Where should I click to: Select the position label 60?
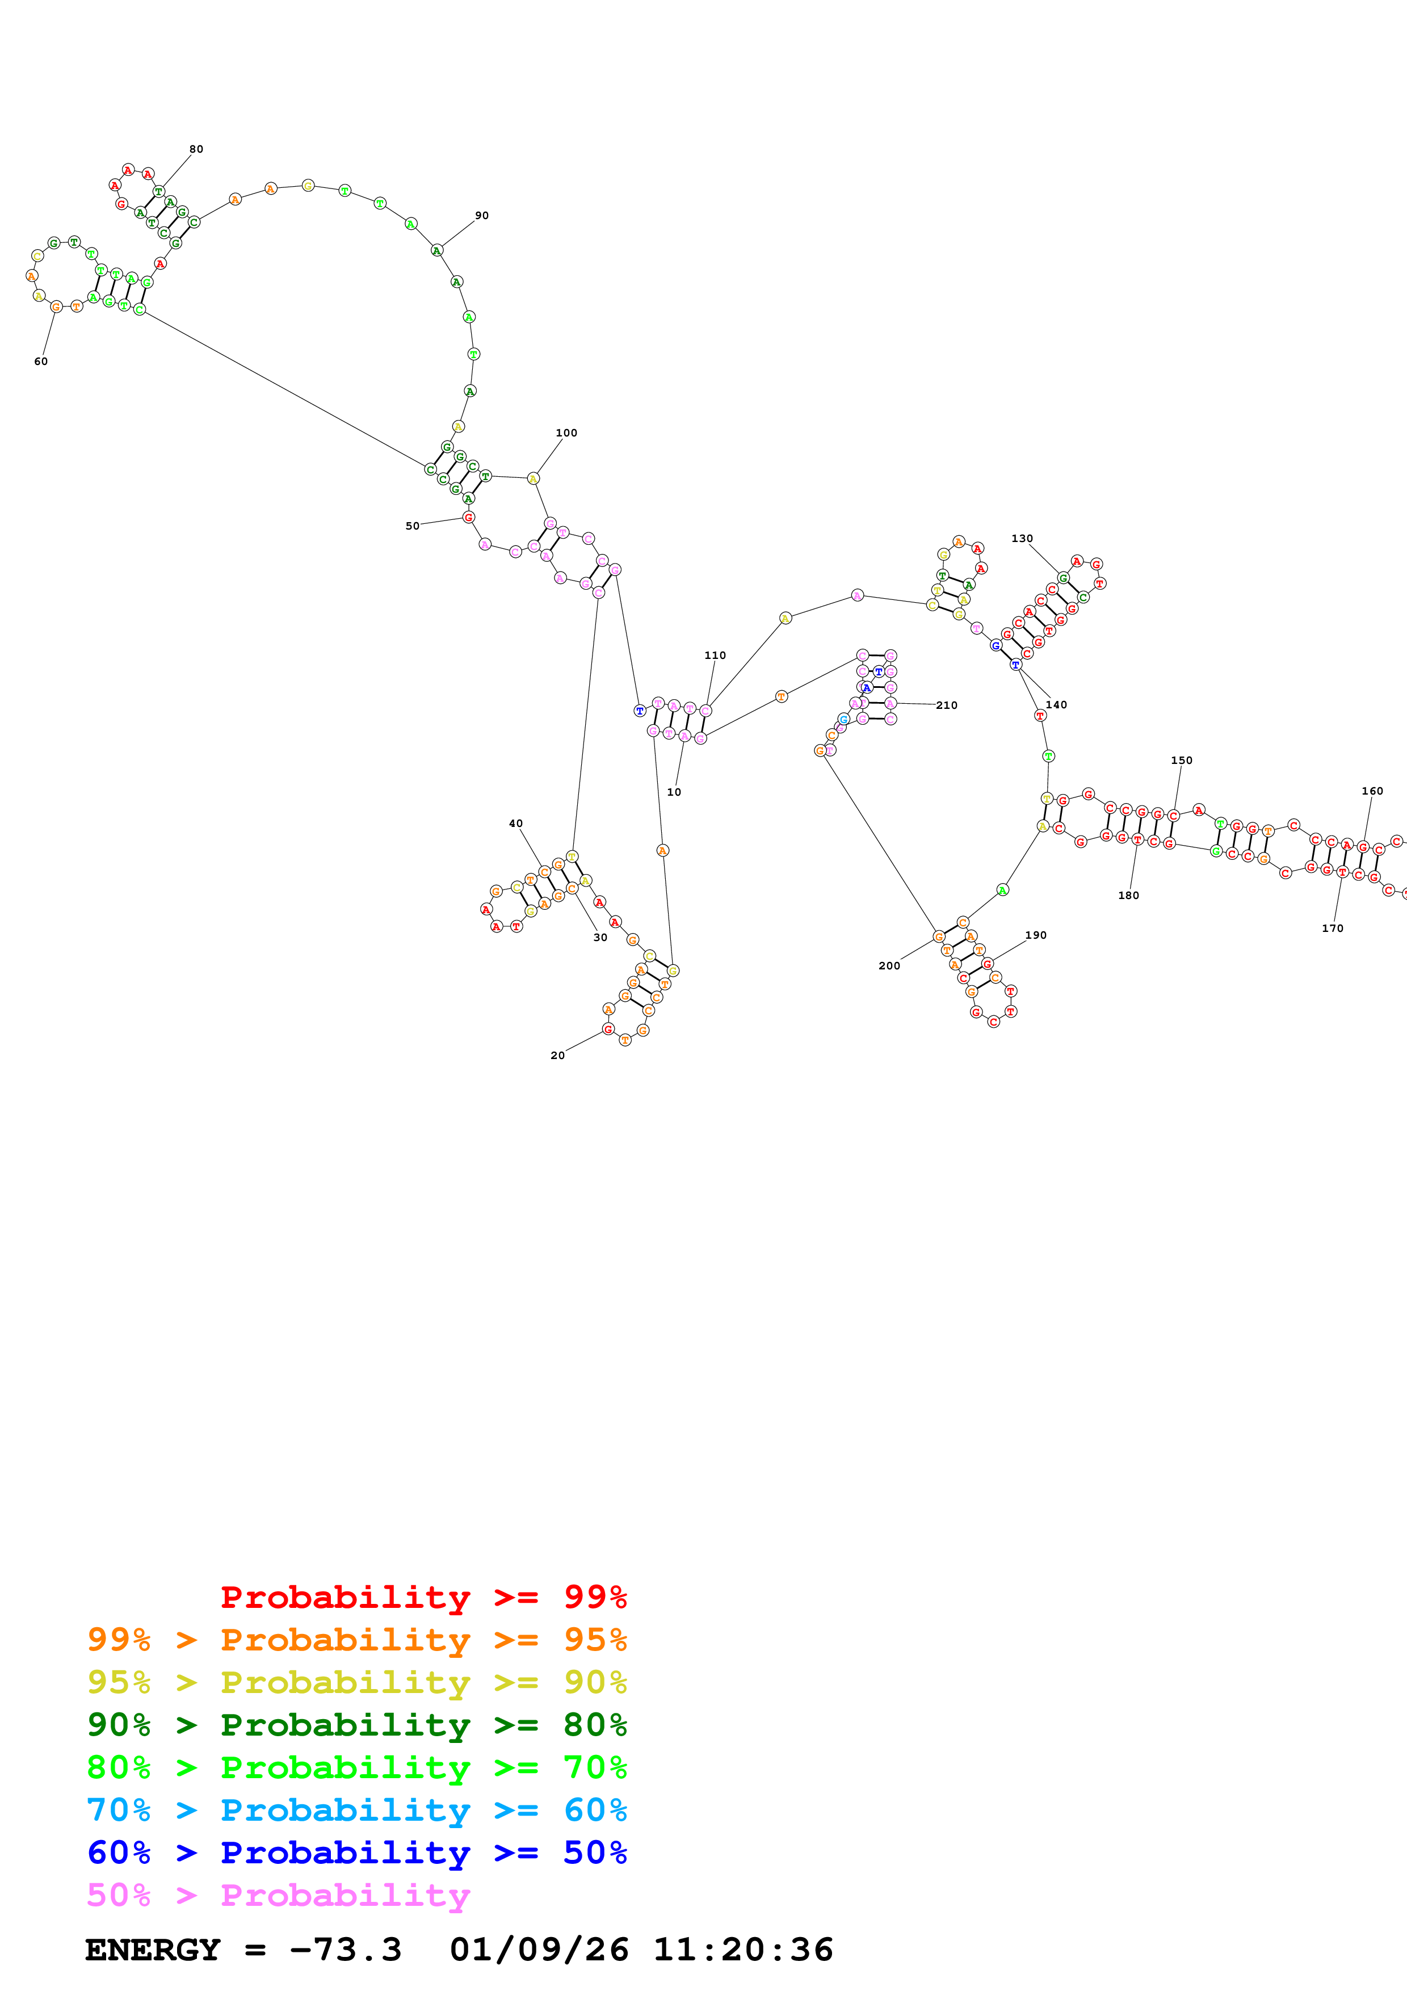pos(41,362)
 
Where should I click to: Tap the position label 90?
pos(482,216)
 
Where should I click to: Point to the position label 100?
pos(566,432)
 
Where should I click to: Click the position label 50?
pos(413,526)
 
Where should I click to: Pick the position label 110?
pos(715,656)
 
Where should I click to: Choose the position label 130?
pos(1022,539)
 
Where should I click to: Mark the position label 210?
pos(947,705)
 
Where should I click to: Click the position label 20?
pos(557,1055)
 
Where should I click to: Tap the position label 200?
pos(889,966)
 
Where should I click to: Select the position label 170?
pos(1333,929)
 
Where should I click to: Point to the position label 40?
pos(516,824)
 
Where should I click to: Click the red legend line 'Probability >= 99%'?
pos(423,1597)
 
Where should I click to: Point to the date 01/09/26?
pos(539,1950)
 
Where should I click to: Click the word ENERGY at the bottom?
pos(153,1950)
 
